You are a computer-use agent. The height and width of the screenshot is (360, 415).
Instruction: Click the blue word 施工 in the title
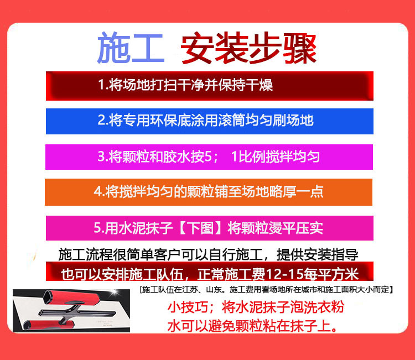pos(131,48)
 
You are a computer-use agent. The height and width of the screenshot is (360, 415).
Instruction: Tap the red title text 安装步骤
pos(249,48)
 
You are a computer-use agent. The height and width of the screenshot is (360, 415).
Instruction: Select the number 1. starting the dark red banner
pos(102,85)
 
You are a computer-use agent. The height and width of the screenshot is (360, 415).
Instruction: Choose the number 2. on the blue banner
pos(103,121)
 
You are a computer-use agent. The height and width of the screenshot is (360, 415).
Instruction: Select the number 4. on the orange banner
pos(99,191)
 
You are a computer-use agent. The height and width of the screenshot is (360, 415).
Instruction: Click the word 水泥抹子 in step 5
pos(146,227)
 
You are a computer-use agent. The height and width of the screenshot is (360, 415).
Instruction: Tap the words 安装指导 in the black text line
pos(331,255)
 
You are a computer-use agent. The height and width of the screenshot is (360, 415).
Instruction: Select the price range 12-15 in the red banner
pos(284,274)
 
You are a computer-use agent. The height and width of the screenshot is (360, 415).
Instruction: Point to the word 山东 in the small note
pos(214,289)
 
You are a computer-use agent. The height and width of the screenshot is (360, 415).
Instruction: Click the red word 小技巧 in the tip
pos(188,307)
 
